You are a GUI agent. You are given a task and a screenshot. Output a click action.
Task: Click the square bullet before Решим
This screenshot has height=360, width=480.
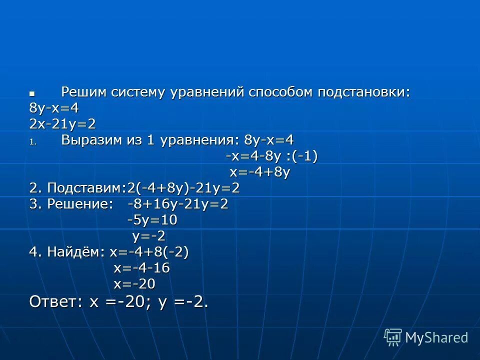[32, 93]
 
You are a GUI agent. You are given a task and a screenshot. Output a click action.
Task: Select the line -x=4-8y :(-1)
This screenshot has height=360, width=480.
[271, 156]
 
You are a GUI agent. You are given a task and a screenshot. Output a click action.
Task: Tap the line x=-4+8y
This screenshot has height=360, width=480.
[260, 172]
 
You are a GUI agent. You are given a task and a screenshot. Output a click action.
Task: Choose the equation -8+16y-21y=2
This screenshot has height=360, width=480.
[177, 204]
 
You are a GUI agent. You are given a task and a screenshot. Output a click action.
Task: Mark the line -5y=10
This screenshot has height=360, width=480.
[152, 220]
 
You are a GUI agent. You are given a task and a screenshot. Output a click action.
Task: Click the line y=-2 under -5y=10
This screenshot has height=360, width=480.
[148, 236]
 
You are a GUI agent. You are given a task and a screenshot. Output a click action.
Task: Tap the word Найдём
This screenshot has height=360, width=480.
[75, 252]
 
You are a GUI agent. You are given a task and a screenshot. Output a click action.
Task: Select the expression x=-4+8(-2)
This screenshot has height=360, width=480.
[149, 252]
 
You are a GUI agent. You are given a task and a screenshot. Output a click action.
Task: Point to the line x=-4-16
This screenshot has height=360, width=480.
[141, 268]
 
